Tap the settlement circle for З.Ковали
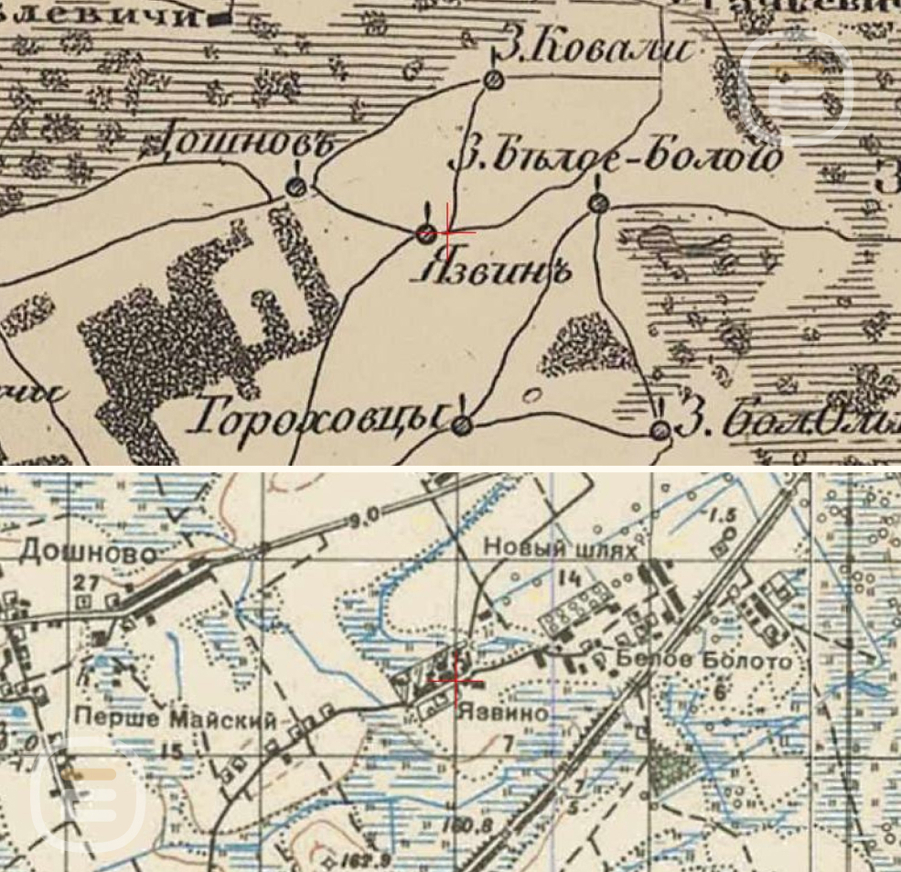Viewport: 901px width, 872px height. (494, 81)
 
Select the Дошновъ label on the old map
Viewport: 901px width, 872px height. (245, 144)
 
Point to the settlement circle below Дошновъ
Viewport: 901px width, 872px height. (295, 187)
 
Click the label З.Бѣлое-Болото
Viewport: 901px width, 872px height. (617, 159)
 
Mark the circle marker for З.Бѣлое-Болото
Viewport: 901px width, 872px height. (598, 202)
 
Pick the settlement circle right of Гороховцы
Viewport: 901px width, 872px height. (463, 425)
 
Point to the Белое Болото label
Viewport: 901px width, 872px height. (703, 661)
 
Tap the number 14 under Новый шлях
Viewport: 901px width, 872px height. (570, 577)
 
